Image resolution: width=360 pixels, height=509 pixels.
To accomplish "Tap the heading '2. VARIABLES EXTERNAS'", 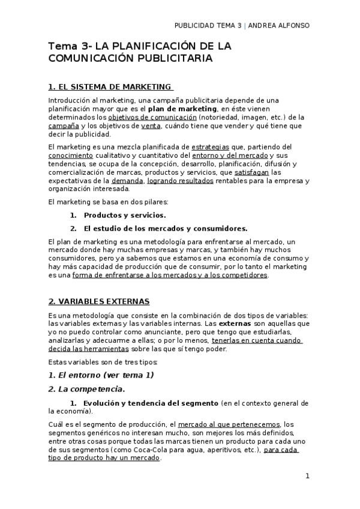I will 99,301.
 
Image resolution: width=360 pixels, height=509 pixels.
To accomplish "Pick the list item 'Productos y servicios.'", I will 125,215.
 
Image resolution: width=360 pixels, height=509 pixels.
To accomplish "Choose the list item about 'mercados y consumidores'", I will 165,228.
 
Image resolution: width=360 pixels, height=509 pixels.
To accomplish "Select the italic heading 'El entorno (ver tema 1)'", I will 101,375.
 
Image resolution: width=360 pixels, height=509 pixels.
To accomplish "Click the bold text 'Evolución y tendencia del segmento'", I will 151,403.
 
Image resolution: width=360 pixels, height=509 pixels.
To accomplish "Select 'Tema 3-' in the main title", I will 68,46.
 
